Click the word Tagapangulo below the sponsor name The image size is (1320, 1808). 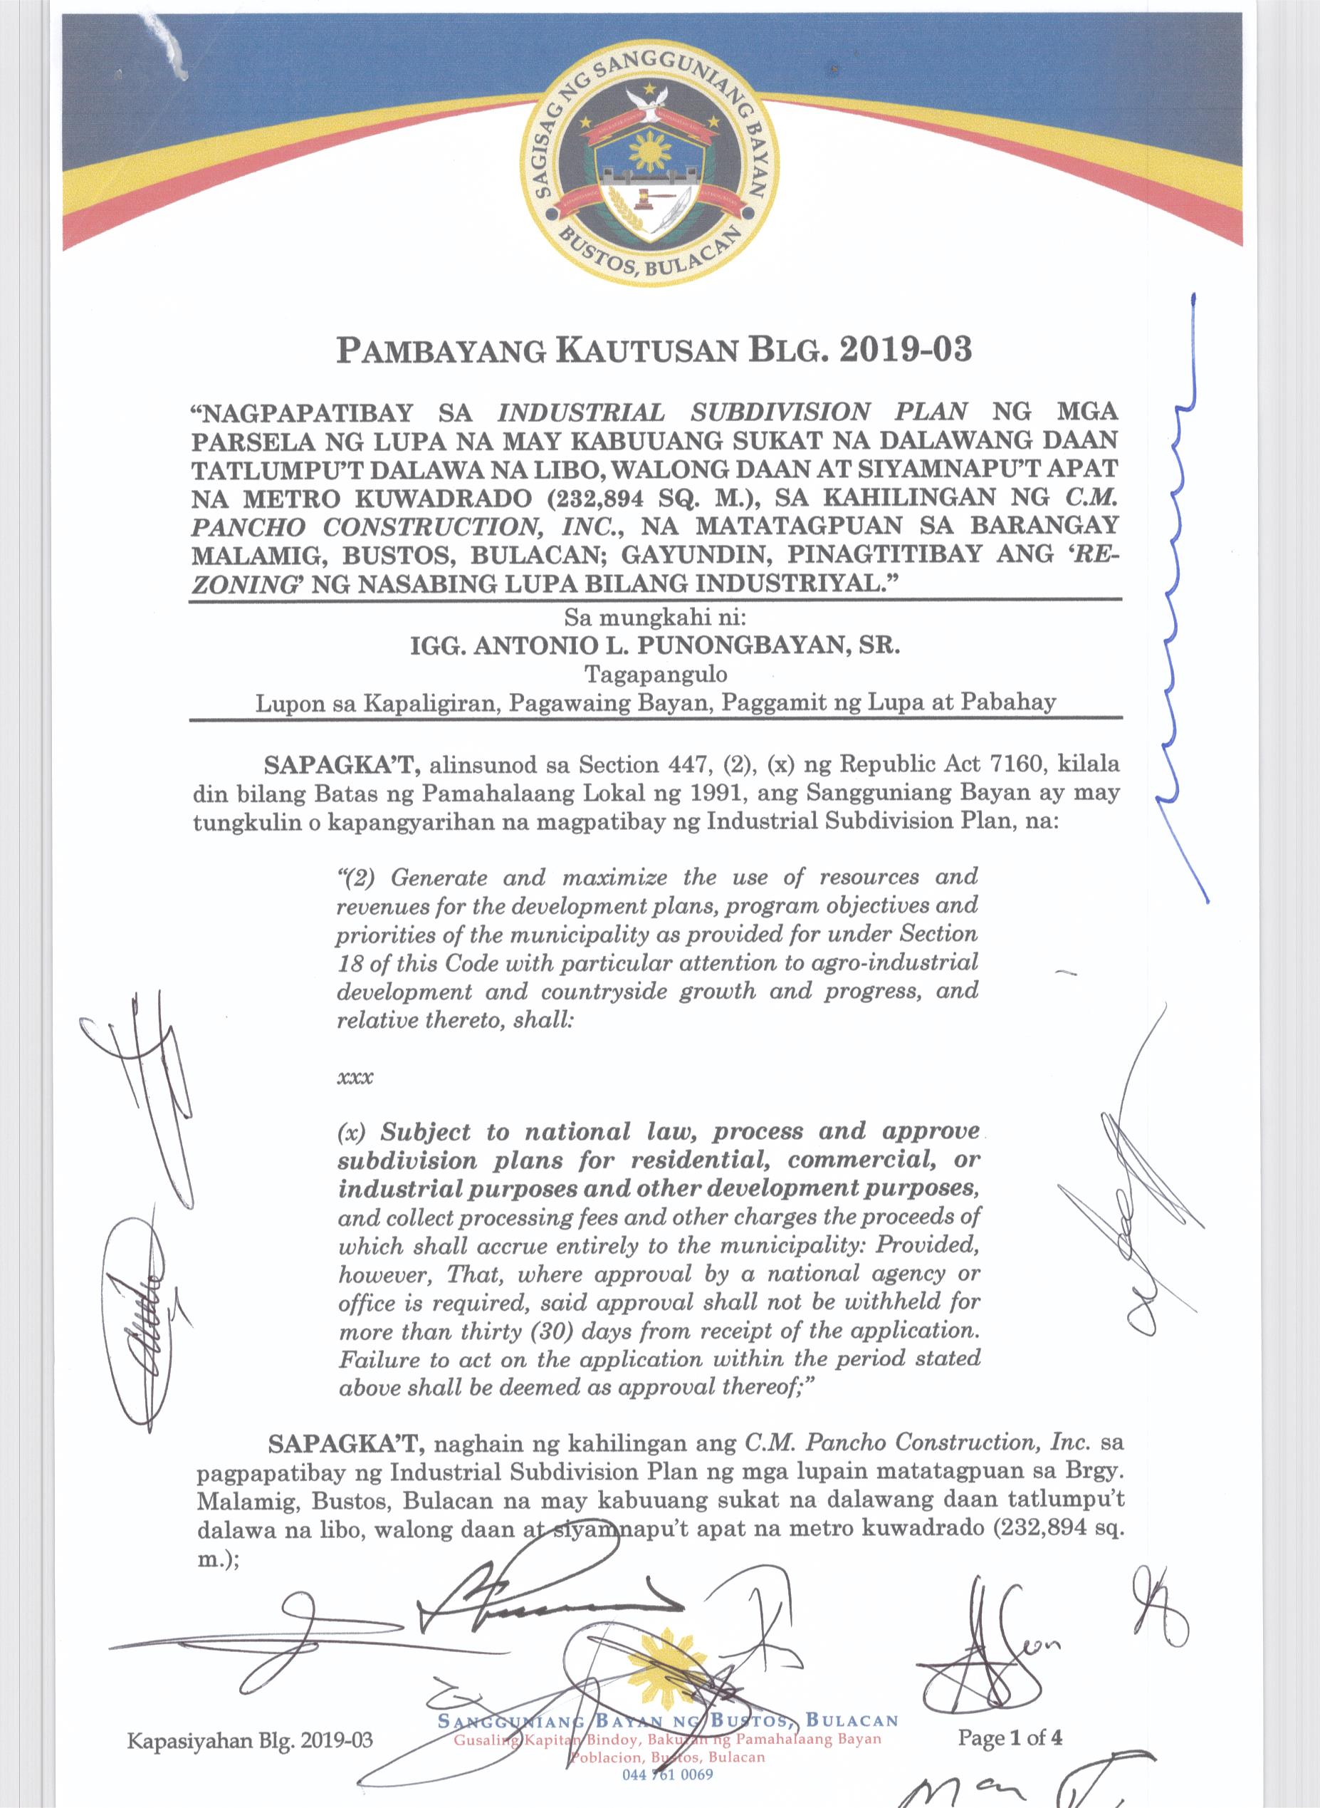tap(656, 675)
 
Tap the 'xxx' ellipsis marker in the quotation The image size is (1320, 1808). tap(355, 1076)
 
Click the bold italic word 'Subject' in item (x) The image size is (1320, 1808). tap(425, 1133)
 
